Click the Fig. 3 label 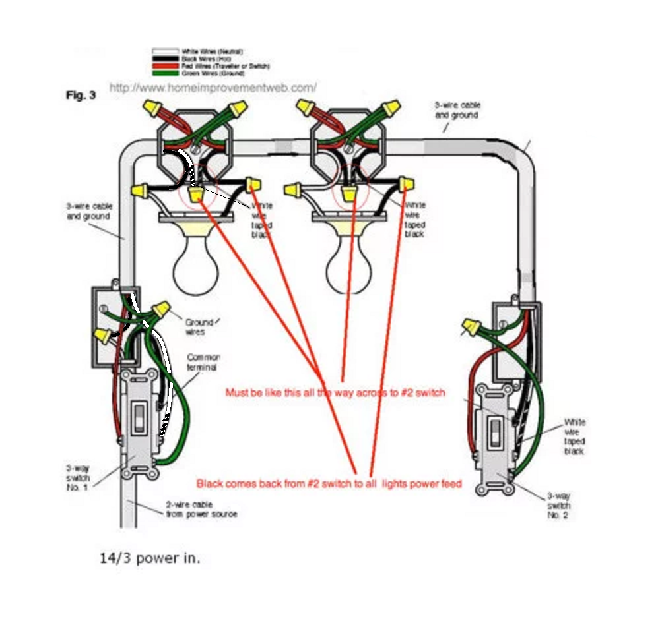(x=81, y=95)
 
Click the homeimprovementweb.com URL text (x=213, y=87)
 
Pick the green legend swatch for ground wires (x=160, y=73)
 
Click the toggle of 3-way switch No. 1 (x=139, y=417)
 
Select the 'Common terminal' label (x=203, y=362)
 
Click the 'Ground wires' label (x=199, y=326)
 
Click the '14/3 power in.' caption (x=149, y=558)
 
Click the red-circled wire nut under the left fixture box (x=196, y=195)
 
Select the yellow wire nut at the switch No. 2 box (x=470, y=325)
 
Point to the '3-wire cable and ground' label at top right (x=457, y=109)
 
